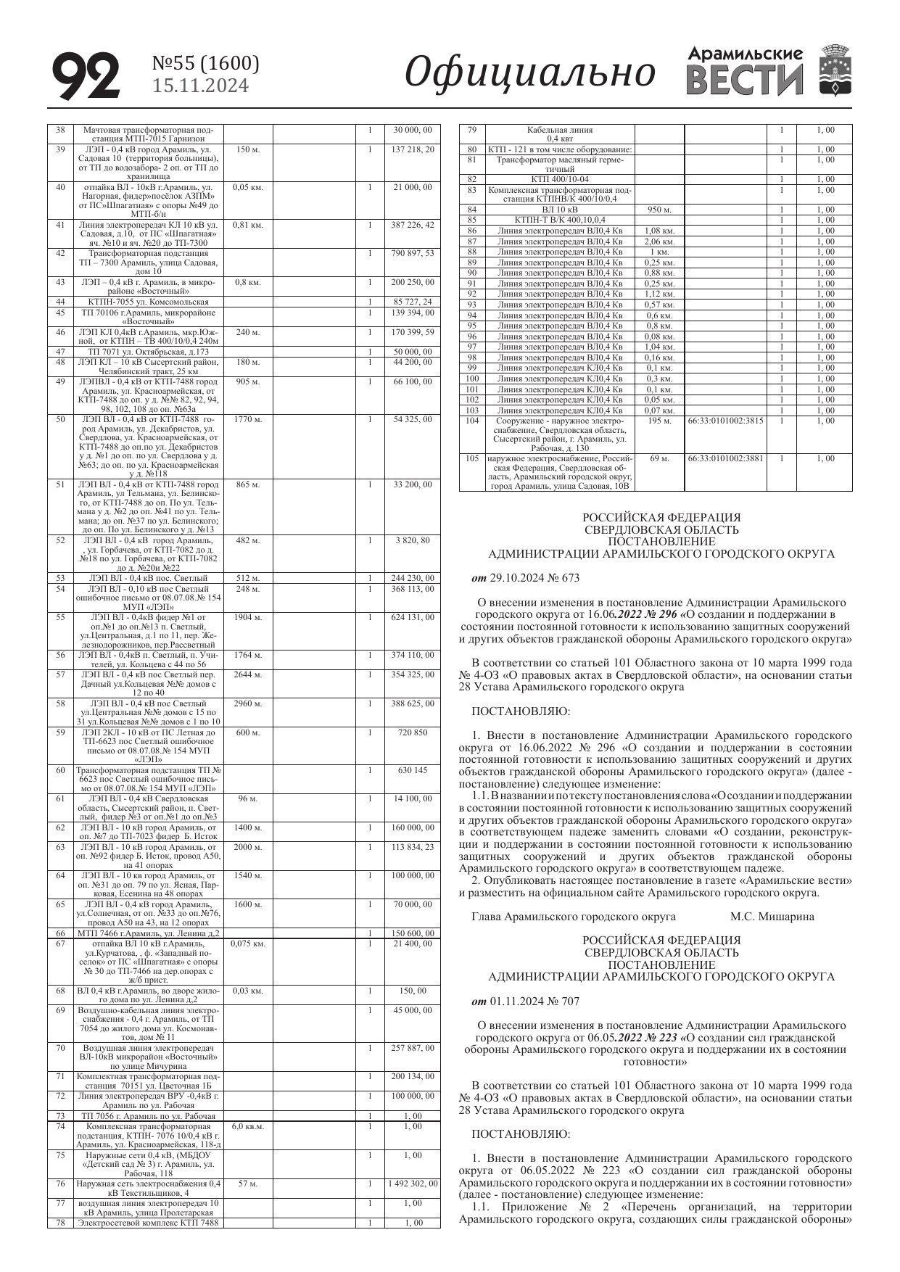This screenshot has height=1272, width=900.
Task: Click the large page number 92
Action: (x=86, y=75)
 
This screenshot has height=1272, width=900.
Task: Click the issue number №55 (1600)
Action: (x=205, y=65)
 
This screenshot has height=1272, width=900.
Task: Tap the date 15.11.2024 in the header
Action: (x=200, y=86)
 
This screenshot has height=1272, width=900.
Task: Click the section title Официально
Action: (x=529, y=73)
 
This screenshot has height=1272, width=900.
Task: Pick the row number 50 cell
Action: (x=60, y=419)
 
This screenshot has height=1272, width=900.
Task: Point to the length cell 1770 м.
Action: (x=247, y=419)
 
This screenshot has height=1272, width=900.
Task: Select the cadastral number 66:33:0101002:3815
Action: (x=725, y=421)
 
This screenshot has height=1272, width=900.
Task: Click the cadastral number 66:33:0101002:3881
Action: (x=725, y=458)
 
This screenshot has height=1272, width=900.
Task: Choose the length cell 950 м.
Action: (x=659, y=210)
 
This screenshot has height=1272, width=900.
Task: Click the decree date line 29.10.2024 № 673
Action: (x=526, y=578)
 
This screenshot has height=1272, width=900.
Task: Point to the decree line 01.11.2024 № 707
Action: (x=526, y=1001)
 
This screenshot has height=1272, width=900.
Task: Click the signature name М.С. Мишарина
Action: (x=772, y=916)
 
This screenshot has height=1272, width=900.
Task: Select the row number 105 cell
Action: (x=472, y=458)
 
